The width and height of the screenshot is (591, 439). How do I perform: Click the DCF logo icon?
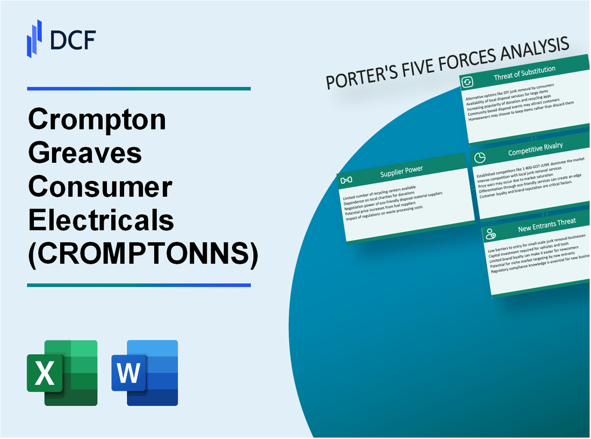34,38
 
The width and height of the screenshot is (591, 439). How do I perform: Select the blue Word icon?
145,372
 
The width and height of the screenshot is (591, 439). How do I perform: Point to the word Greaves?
85,154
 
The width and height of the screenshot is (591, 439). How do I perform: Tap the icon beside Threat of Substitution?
467,82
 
